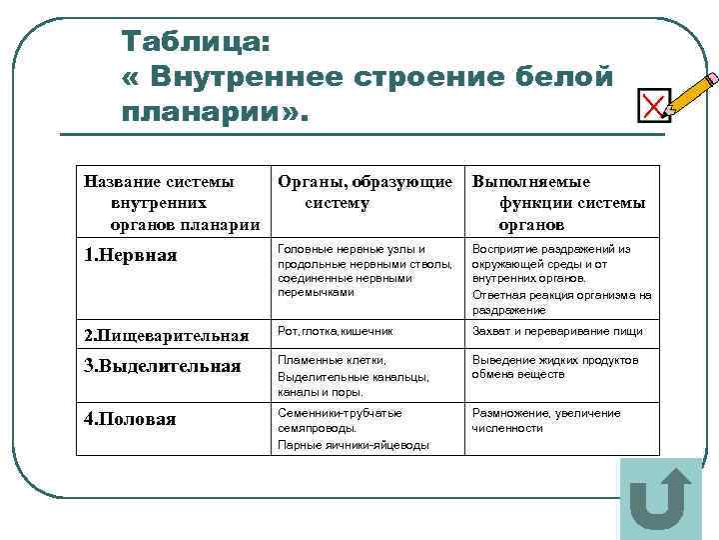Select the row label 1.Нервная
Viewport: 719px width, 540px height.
(130, 255)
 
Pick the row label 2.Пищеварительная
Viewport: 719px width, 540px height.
(165, 333)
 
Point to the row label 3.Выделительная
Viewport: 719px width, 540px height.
(162, 366)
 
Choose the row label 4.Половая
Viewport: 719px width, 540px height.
(130, 419)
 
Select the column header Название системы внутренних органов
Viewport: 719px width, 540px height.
(170, 203)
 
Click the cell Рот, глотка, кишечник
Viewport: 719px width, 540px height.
(336, 331)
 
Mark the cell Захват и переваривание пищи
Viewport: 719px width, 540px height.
(557, 331)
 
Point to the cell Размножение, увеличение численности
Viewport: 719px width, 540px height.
(545, 420)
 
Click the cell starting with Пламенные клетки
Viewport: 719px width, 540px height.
(354, 376)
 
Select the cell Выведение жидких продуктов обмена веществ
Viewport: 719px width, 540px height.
(554, 367)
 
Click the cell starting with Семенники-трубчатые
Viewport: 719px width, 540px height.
(354, 429)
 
